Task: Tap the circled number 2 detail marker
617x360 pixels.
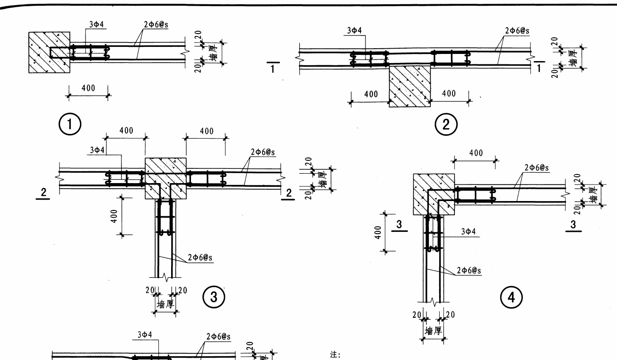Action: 446,125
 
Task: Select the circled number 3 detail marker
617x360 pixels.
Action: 214,297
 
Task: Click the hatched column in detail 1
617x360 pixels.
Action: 49,52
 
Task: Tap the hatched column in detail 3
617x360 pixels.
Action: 165,172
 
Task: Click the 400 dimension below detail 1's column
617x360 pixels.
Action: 88,88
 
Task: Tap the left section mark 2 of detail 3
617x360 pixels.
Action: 43,193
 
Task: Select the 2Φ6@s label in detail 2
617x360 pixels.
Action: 517,31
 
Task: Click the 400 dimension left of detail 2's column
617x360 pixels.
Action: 371,94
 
